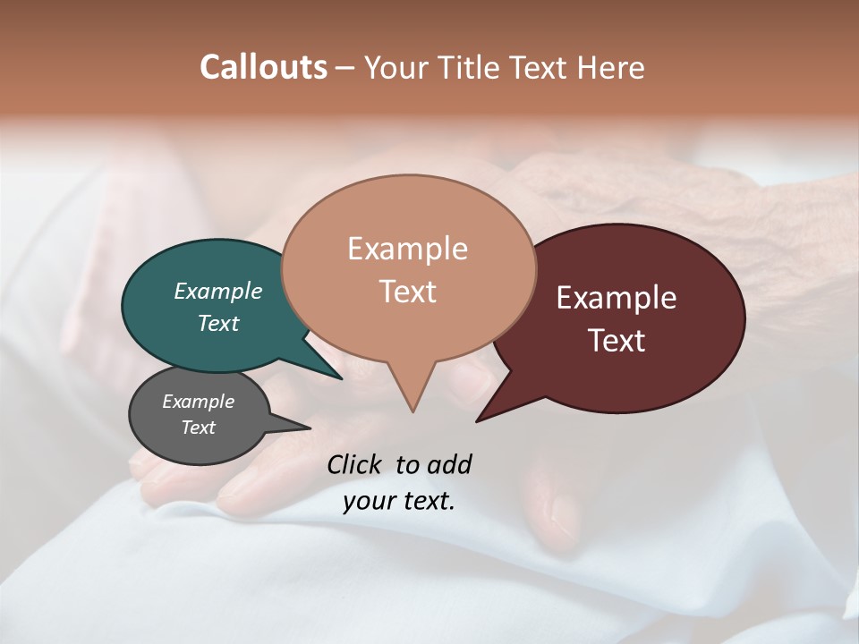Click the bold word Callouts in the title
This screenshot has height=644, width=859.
(263, 67)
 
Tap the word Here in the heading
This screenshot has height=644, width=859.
(611, 67)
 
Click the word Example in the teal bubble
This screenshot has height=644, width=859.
(218, 291)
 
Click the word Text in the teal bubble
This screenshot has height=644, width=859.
(218, 323)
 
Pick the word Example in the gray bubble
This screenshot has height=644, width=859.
(199, 402)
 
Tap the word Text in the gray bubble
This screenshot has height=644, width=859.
(199, 428)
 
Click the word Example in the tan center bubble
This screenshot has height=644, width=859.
(407, 249)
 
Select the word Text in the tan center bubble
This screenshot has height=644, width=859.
(407, 292)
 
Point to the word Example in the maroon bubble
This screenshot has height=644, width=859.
(617, 298)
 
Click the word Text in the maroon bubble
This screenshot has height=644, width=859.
(617, 341)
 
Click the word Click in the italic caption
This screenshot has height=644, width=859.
(355, 464)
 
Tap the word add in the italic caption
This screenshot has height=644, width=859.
(449, 464)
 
